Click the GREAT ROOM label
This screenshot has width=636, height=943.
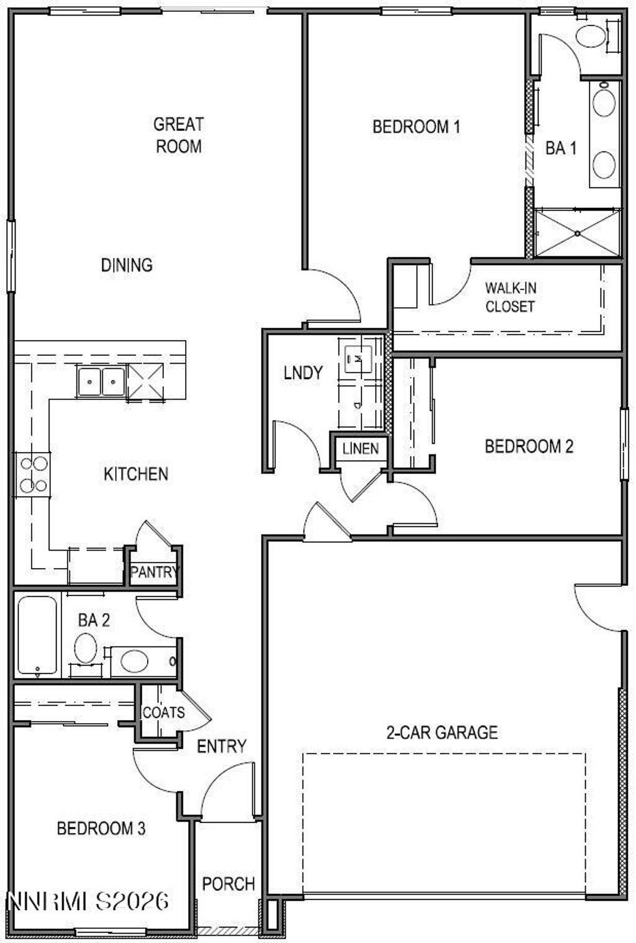click(178, 135)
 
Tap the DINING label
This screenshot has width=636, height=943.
click(127, 265)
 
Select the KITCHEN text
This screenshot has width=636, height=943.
click(135, 474)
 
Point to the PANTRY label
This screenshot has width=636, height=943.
click(154, 572)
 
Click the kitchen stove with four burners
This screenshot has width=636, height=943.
click(33, 475)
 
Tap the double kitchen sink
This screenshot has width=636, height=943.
click(101, 380)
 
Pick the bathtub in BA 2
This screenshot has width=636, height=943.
click(37, 635)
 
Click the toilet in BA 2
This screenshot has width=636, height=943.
click(86, 648)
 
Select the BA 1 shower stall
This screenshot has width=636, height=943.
click(578, 233)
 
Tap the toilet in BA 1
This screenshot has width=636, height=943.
click(591, 36)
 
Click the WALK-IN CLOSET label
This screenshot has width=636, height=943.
click(510, 297)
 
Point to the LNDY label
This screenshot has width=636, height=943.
click(303, 373)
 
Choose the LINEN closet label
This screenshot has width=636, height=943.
click(360, 448)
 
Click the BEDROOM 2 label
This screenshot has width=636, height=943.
click(529, 446)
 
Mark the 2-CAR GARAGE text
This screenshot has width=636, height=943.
click(442, 733)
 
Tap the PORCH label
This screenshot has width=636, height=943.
click(229, 883)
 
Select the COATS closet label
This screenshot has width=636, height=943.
click(163, 712)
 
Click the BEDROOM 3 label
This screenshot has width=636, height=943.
click(101, 828)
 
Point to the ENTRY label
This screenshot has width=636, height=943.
click(222, 746)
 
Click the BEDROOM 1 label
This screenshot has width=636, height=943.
click(416, 127)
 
